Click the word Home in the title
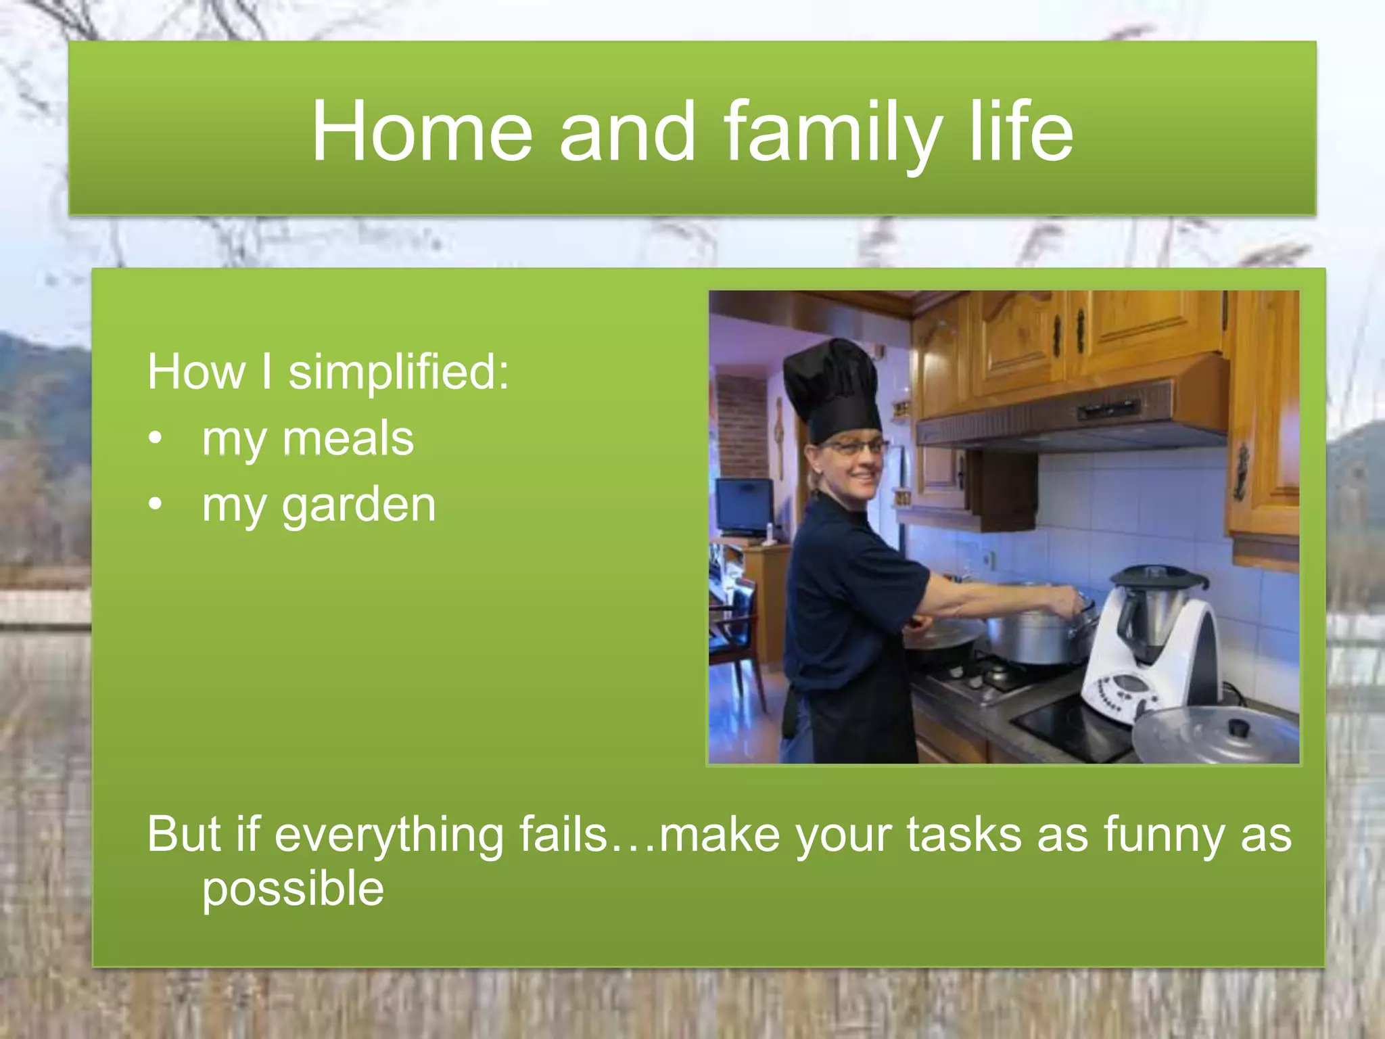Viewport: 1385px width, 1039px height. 421,131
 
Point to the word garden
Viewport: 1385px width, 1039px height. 358,505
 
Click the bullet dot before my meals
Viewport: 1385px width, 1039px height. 156,440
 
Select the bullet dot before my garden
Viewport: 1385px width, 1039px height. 156,505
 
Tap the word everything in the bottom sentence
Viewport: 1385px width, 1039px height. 389,835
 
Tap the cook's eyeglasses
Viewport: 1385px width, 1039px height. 854,447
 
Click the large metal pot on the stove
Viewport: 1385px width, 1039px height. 1031,636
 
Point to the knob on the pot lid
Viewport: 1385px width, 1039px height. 1238,729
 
